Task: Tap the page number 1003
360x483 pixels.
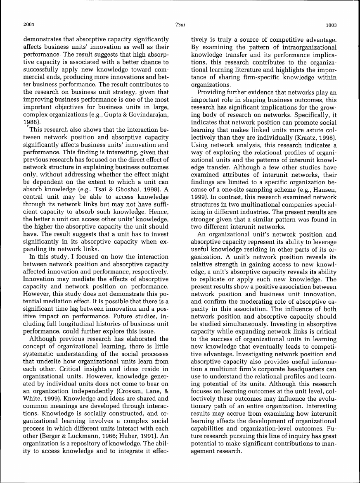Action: pyautogui.click(x=331, y=25)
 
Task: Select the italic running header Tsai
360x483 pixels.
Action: pyautogui.click(x=180, y=25)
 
